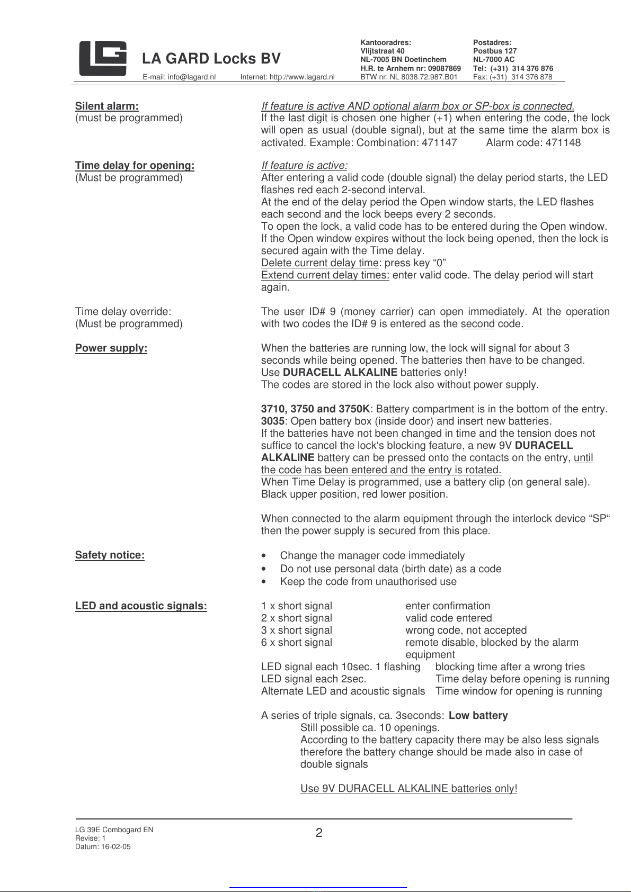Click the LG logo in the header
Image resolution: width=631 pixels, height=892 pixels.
click(x=103, y=58)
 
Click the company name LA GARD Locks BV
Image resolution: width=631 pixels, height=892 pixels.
click(x=211, y=59)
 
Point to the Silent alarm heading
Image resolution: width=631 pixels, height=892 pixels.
click(x=106, y=106)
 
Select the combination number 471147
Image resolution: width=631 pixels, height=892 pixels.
click(x=439, y=142)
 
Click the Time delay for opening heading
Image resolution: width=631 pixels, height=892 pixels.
click(x=135, y=166)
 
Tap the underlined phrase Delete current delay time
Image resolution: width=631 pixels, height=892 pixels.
click(x=320, y=263)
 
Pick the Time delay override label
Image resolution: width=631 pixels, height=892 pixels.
click(x=123, y=312)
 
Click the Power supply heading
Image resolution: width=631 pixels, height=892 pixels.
click(x=111, y=348)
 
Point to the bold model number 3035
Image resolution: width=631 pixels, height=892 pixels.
click(x=272, y=421)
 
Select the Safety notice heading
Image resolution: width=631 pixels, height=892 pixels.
click(x=110, y=555)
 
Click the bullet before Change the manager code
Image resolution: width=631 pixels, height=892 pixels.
click(x=264, y=556)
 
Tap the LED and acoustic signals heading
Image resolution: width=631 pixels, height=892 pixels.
click(x=141, y=606)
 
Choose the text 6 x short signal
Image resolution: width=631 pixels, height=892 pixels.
click(x=297, y=643)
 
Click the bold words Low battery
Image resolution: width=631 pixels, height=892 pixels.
click(x=478, y=716)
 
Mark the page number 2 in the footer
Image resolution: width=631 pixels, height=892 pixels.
click(x=319, y=833)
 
